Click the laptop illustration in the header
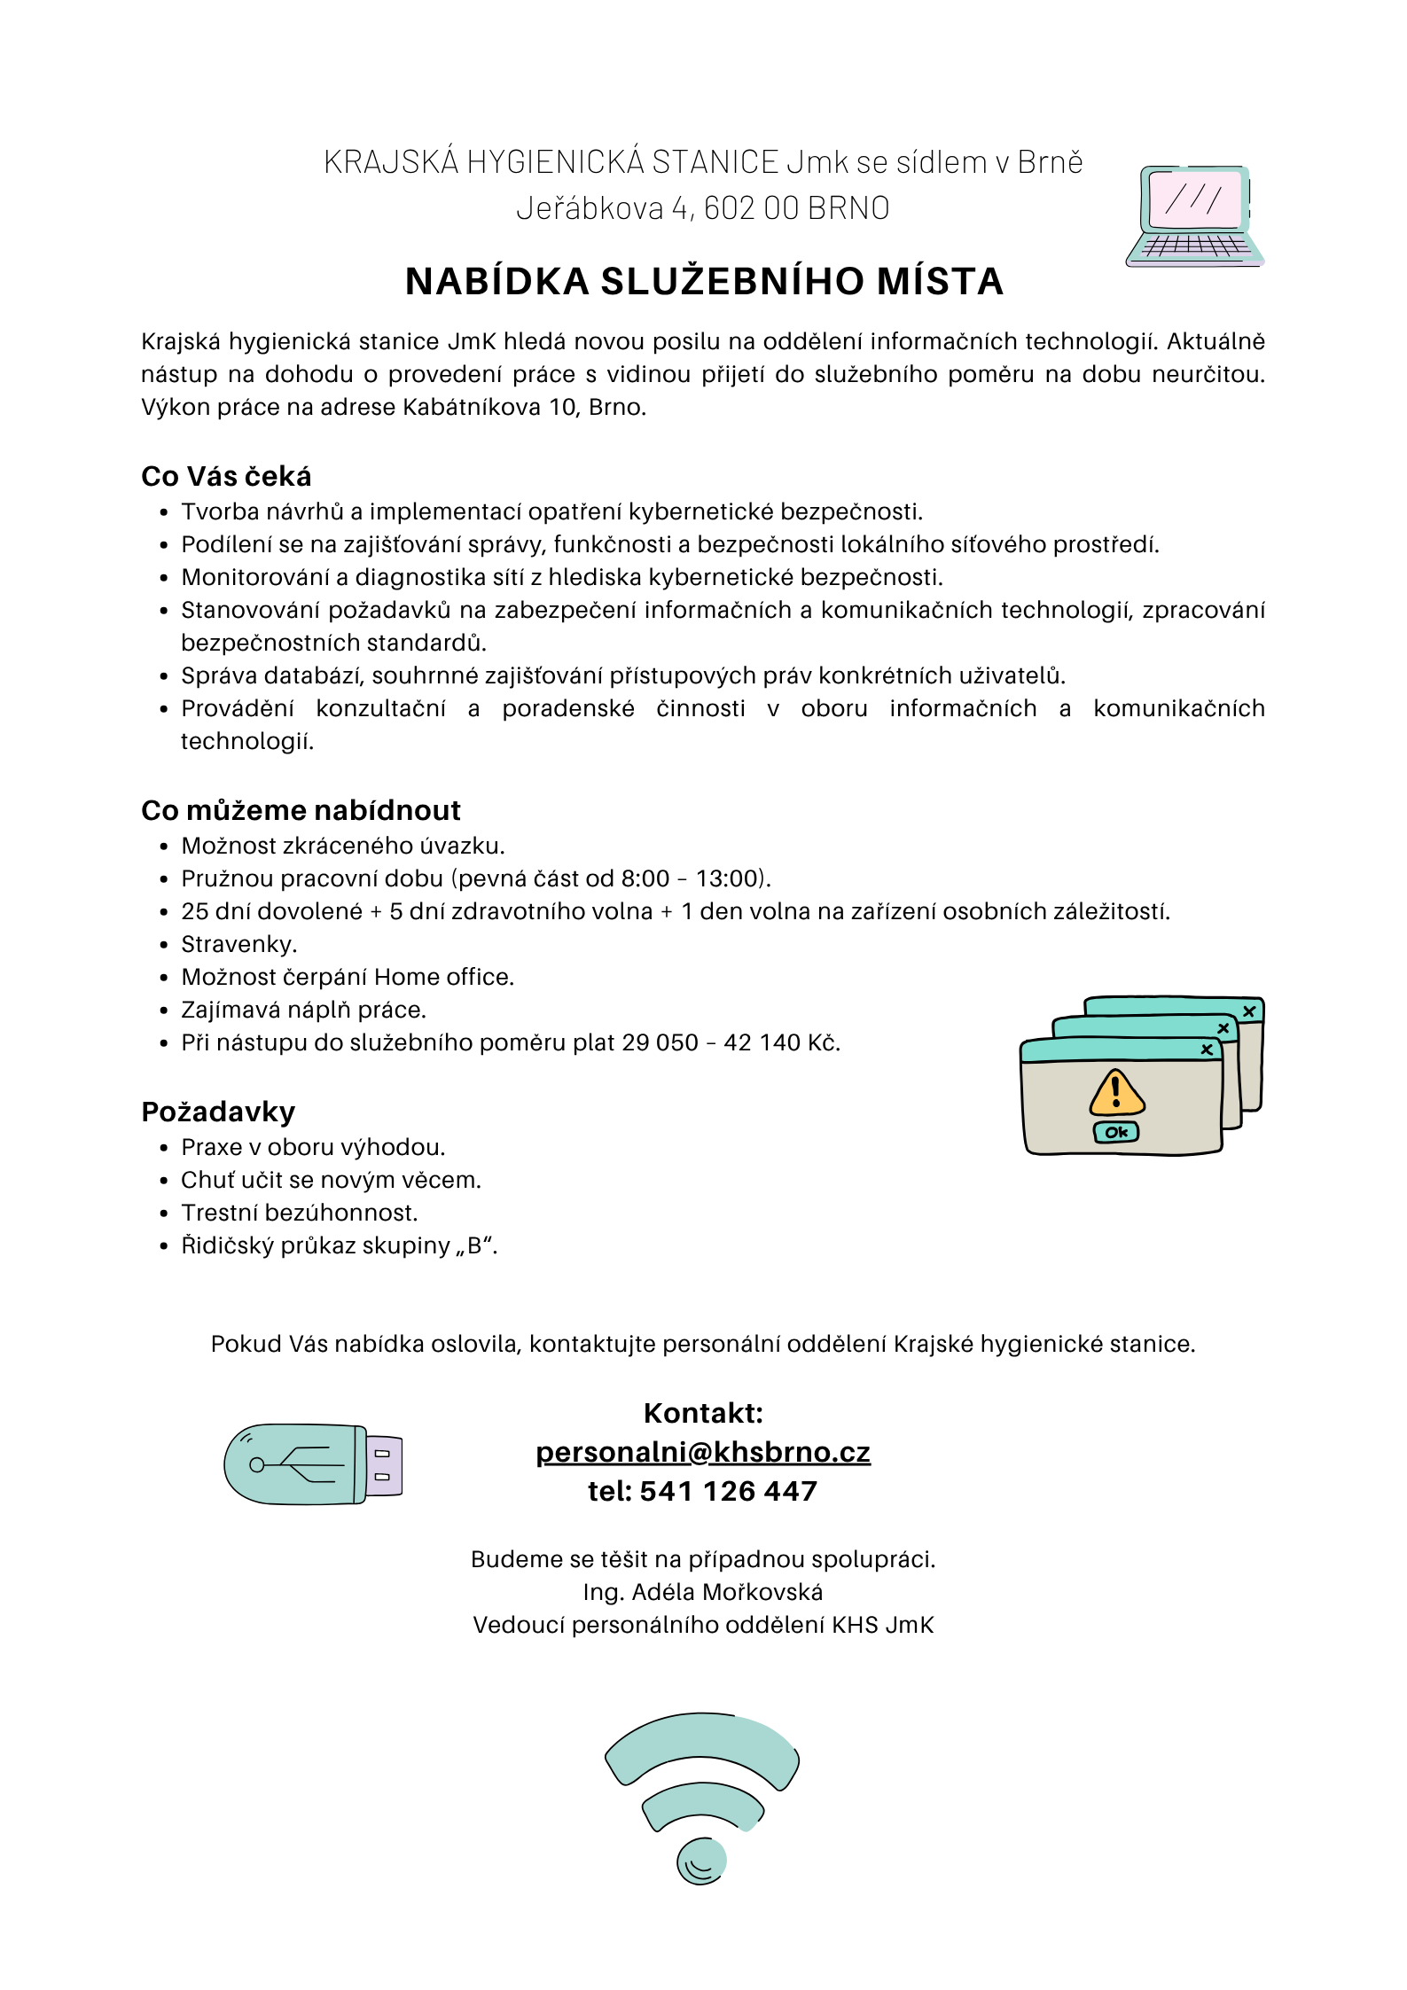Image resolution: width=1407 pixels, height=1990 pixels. (x=1194, y=215)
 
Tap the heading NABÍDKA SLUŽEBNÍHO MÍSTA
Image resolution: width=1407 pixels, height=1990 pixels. (x=704, y=281)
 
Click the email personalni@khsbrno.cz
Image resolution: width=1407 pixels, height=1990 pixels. (x=703, y=1452)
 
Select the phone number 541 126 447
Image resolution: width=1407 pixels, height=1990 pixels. (x=728, y=1491)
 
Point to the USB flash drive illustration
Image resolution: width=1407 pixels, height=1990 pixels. (x=313, y=1464)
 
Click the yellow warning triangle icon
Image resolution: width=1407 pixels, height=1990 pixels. (x=1116, y=1092)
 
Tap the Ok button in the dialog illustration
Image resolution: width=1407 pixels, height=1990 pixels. (x=1116, y=1132)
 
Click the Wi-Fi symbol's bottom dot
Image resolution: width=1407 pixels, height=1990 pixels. (x=702, y=1860)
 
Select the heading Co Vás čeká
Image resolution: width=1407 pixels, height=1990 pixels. (x=226, y=476)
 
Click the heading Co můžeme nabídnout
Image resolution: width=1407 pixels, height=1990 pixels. (x=301, y=810)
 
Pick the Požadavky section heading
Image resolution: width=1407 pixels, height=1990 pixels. (x=218, y=1112)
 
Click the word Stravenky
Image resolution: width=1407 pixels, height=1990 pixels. (x=238, y=944)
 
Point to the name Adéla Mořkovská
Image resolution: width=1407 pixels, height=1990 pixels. (x=727, y=1592)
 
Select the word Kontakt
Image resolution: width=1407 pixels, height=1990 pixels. (x=703, y=1413)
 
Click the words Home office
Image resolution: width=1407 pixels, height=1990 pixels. (x=443, y=977)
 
